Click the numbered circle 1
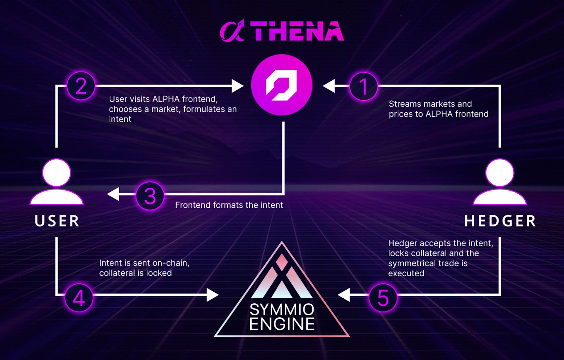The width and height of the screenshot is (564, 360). pyautogui.click(x=363, y=87)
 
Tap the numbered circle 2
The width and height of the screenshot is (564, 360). pyautogui.click(x=81, y=86)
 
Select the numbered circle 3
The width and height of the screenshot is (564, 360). pyautogui.click(x=150, y=196)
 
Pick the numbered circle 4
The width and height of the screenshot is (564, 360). pyautogui.click(x=79, y=298)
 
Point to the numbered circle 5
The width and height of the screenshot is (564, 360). pyautogui.click(x=383, y=298)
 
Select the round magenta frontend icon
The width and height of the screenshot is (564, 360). pyautogui.click(x=282, y=85)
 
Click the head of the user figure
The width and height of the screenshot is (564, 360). pyautogui.click(x=56, y=173)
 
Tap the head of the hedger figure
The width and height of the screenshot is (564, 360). pyautogui.click(x=499, y=173)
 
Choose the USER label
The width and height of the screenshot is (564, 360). pyautogui.click(x=57, y=221)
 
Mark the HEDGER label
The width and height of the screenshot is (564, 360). pyautogui.click(x=500, y=221)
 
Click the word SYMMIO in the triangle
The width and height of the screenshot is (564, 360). pyautogui.click(x=282, y=310)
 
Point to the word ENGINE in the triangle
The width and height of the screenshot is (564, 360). pyautogui.click(x=282, y=324)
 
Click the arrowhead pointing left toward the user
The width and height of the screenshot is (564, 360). pyautogui.click(x=114, y=194)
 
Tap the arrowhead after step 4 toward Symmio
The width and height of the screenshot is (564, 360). pyautogui.click(x=212, y=295)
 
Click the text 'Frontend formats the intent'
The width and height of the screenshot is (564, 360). pyautogui.click(x=229, y=205)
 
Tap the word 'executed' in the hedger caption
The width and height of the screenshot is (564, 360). pyautogui.click(x=406, y=273)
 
